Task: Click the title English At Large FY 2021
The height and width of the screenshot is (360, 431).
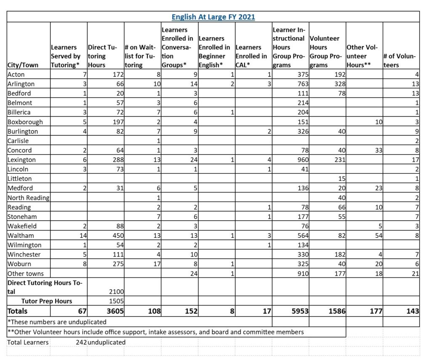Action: [x=213, y=17]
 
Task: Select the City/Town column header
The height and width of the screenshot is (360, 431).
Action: [x=23, y=65]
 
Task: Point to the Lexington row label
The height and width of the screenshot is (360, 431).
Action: [x=22, y=160]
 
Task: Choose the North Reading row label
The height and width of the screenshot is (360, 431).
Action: [x=28, y=197]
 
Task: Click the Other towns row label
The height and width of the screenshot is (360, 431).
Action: [x=26, y=273]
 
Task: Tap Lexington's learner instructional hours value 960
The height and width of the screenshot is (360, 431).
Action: [x=302, y=160]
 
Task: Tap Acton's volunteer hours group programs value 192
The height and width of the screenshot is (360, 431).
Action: [x=339, y=74]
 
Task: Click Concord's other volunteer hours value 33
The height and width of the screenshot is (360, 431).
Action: [x=376, y=150]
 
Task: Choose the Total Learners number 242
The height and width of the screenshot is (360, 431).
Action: [x=81, y=342]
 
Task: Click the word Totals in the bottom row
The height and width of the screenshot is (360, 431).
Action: [x=18, y=311]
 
